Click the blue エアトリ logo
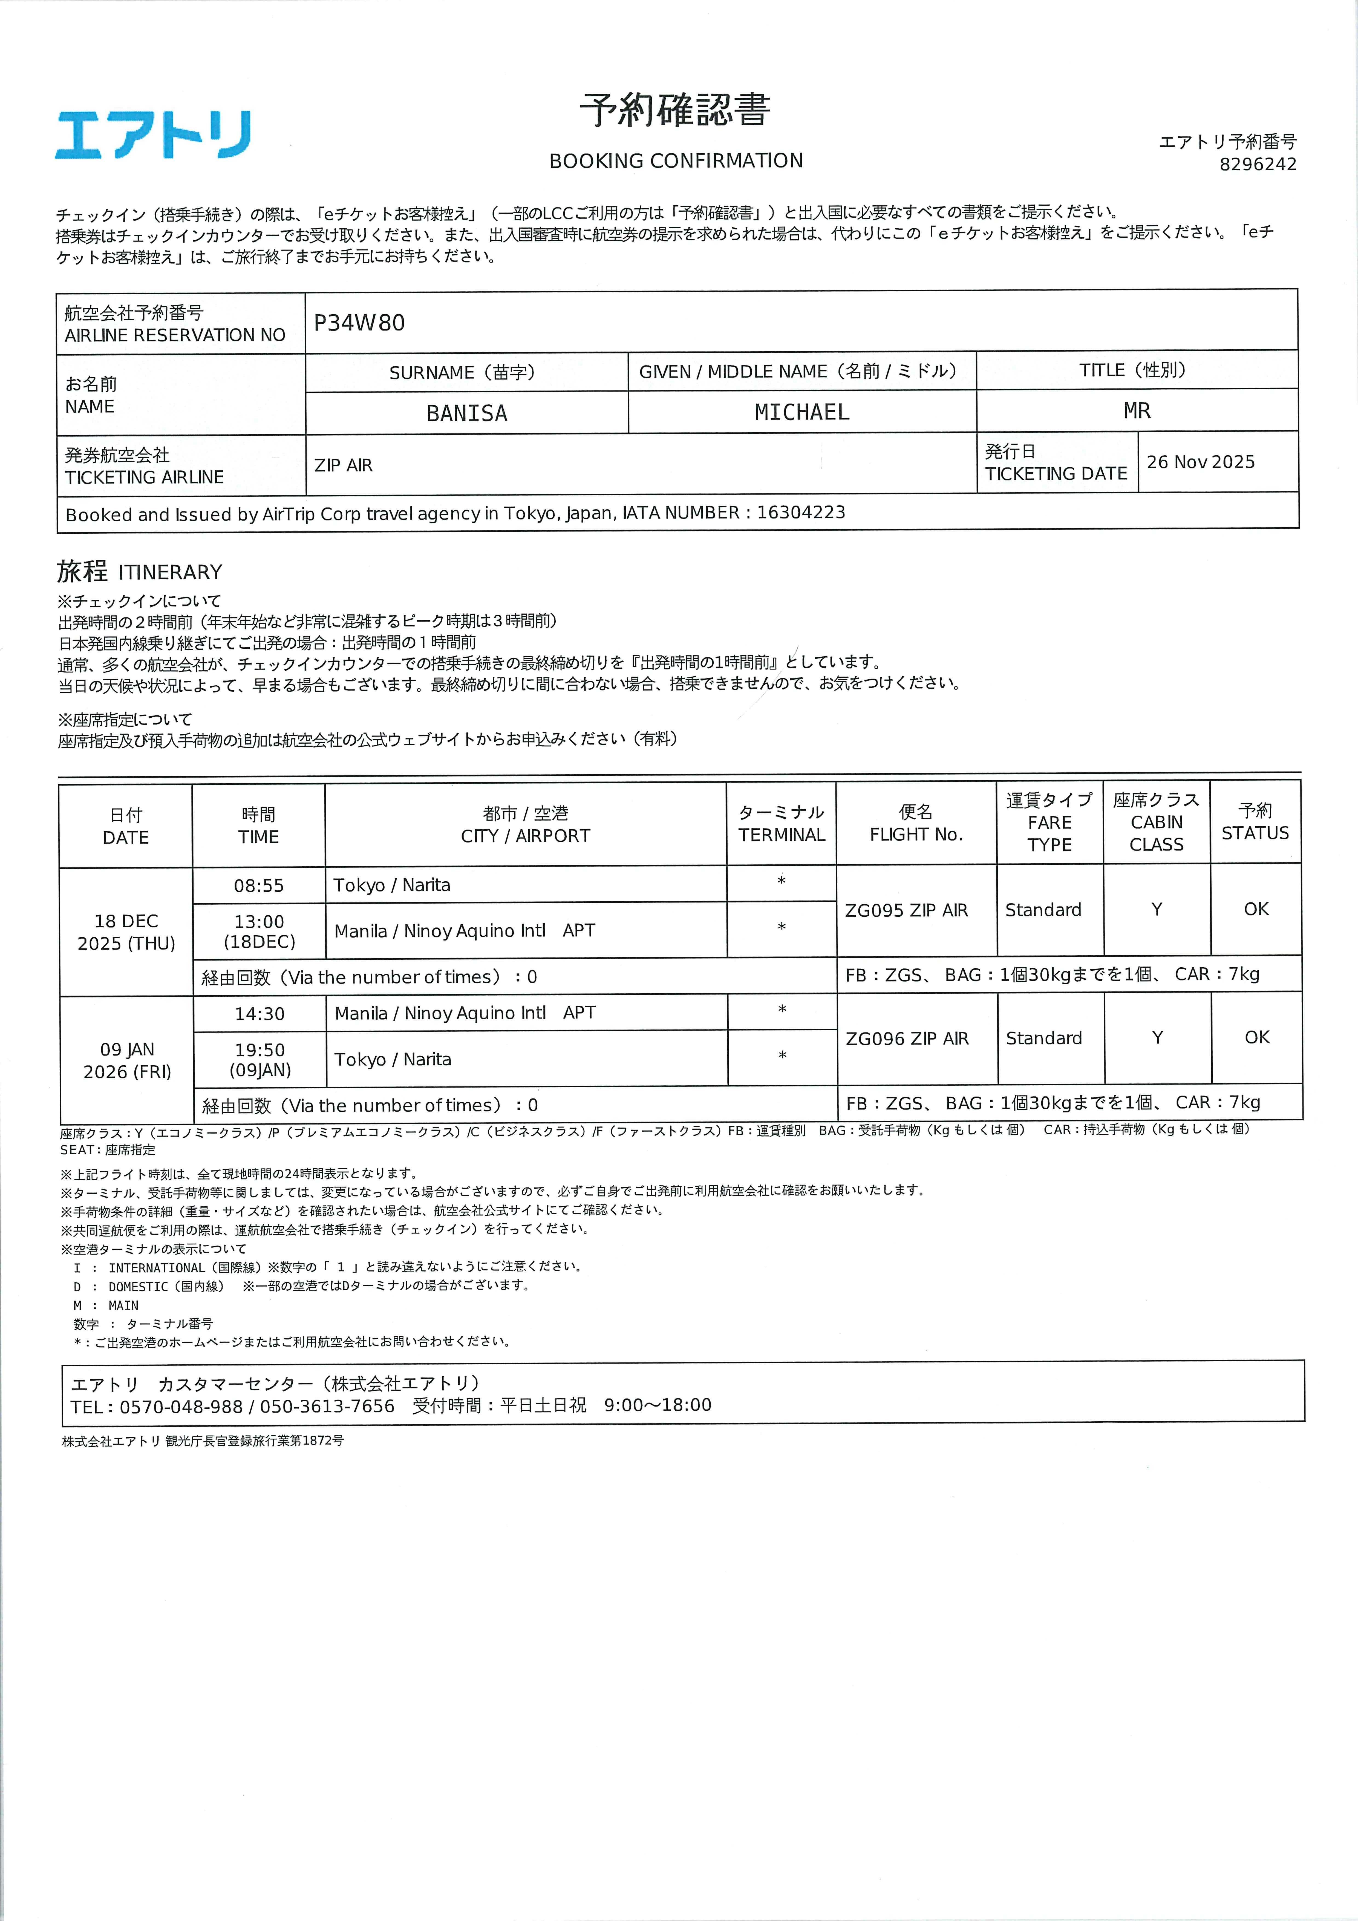153,135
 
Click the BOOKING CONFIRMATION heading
676,161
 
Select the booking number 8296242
1258,164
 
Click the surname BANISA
467,413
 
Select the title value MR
1137,411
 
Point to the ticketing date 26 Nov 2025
1201,462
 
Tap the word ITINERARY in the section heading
171,572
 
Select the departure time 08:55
259,885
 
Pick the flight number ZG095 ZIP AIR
906,910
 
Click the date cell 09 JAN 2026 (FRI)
127,1060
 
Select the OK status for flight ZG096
1257,1037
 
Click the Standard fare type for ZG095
1043,910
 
